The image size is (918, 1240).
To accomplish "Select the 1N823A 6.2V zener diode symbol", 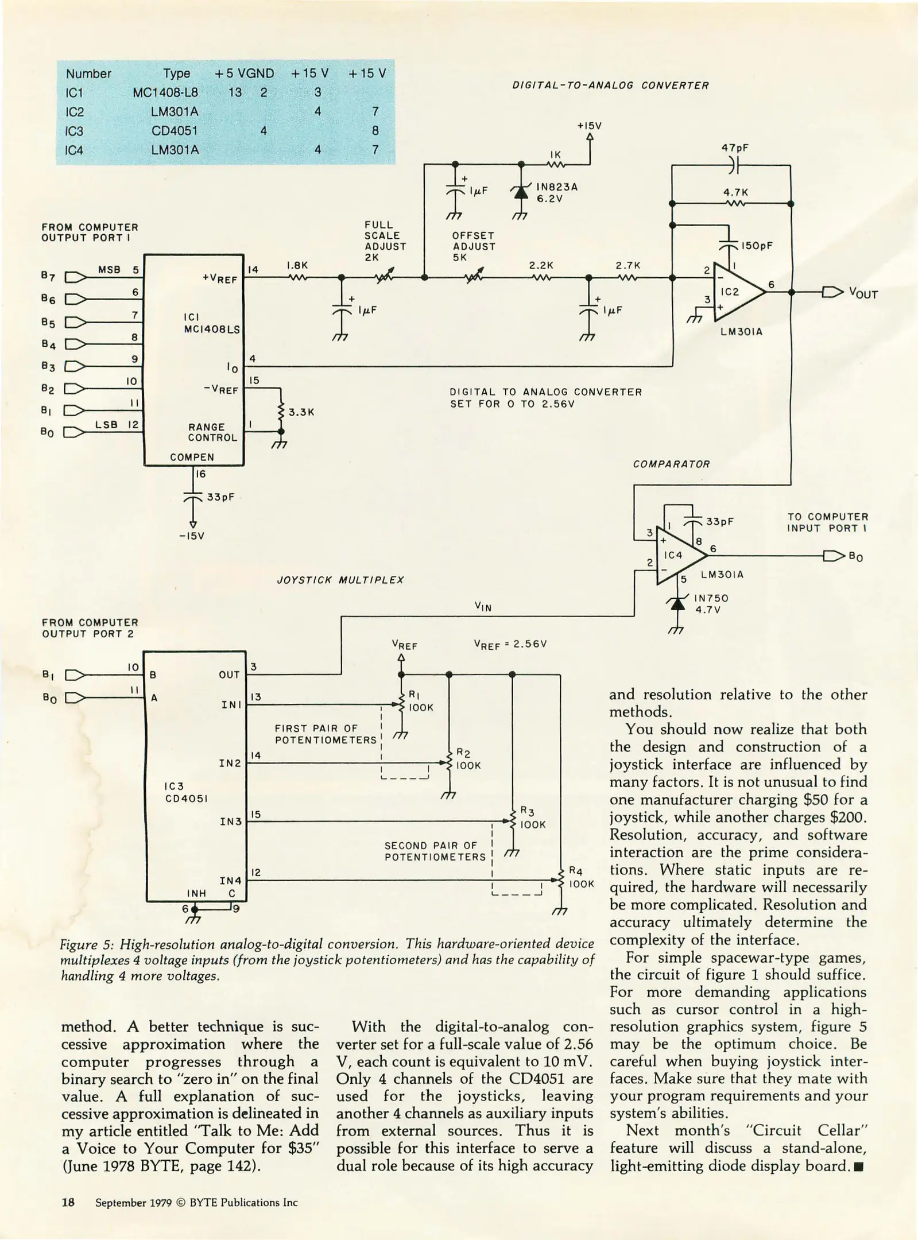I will (x=521, y=193).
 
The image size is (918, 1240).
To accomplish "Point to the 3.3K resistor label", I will (x=301, y=412).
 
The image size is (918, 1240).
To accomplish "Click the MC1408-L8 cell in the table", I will (x=165, y=92).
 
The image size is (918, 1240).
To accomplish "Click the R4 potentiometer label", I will (x=576, y=871).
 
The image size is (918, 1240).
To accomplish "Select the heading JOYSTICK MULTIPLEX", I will (x=340, y=580).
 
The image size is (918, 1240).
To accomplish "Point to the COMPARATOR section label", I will (x=671, y=464).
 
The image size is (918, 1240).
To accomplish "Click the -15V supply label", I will (x=192, y=536).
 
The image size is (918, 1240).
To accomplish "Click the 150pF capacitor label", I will (x=757, y=246).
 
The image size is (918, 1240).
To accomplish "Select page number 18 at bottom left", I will (x=68, y=1202).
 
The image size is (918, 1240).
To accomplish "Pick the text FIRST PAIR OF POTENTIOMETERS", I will (x=324, y=734).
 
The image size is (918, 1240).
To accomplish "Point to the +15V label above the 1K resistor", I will (x=589, y=126).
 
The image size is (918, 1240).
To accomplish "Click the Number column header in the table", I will (x=88, y=73).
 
